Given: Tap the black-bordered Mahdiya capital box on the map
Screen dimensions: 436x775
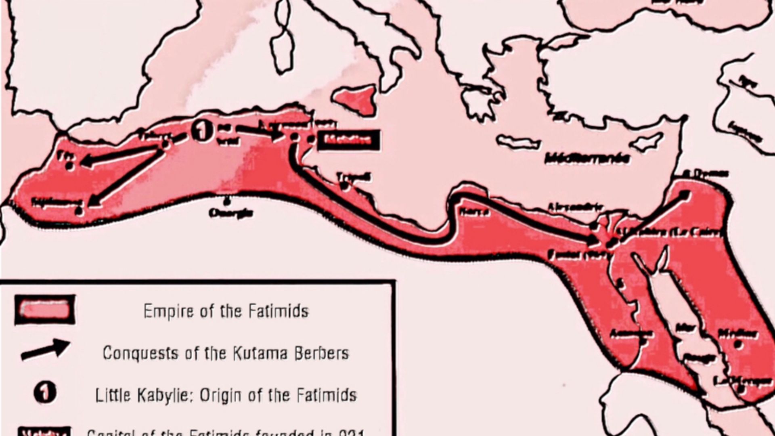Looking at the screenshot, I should (348, 140).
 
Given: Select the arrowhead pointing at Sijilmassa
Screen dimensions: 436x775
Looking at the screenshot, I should (93, 201).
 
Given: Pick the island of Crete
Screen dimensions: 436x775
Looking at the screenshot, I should (518, 143).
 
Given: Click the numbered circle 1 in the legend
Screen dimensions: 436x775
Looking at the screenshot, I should (45, 393).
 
